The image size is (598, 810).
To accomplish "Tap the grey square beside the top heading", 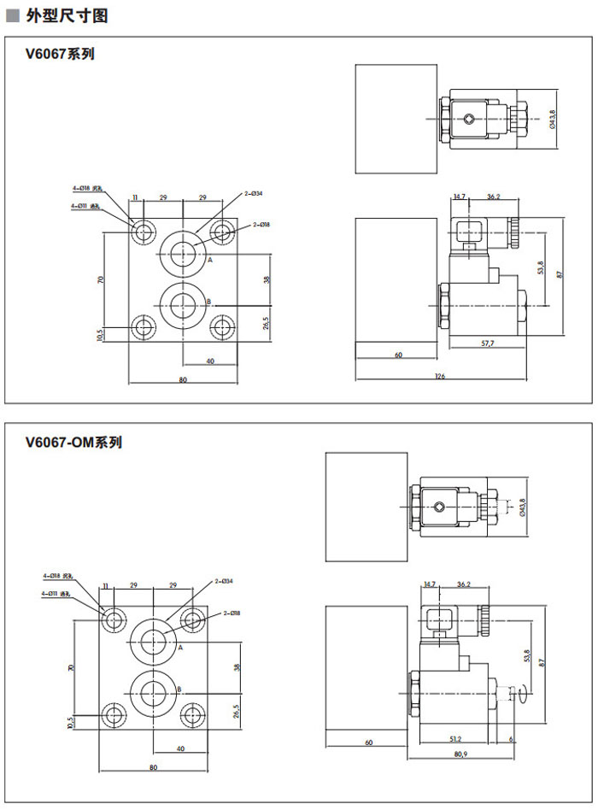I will [x=12, y=15].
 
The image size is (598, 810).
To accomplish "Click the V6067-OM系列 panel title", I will [x=73, y=443].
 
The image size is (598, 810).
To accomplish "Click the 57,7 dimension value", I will [x=488, y=343].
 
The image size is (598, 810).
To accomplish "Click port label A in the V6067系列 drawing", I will [x=209, y=259].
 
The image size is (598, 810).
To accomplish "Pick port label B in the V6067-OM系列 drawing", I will [x=179, y=689].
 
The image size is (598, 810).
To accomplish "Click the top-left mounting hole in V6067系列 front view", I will [x=141, y=230].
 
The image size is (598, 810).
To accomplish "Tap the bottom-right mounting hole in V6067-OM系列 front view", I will [x=194, y=714].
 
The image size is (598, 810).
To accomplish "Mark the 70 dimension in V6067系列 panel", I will [x=101, y=279].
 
